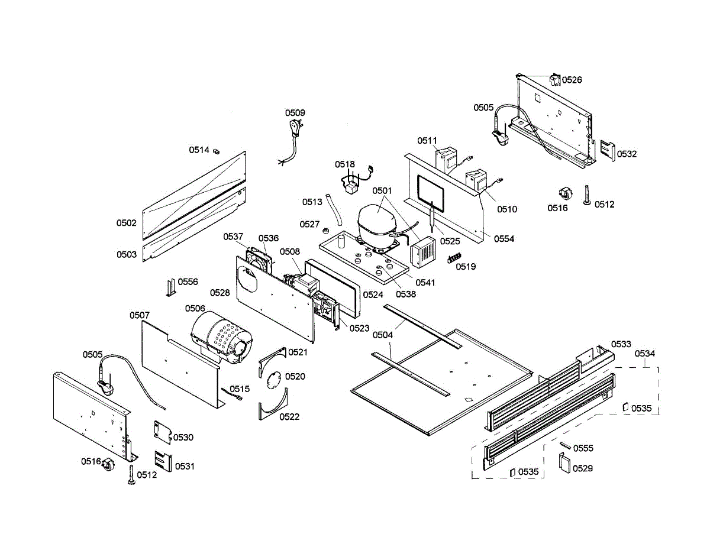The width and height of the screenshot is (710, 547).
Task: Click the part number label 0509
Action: [295, 113]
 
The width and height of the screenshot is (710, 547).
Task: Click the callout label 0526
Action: [572, 80]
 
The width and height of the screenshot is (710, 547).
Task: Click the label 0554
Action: [504, 239]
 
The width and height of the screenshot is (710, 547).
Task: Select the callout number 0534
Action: [645, 354]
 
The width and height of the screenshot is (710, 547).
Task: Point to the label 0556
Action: [188, 281]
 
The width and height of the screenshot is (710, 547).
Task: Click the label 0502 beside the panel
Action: [127, 223]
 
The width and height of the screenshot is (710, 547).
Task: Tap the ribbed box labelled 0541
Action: [424, 254]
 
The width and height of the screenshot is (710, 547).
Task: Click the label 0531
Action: [184, 466]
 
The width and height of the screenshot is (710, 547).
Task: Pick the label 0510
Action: [507, 209]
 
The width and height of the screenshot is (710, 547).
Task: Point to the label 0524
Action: [373, 294]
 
